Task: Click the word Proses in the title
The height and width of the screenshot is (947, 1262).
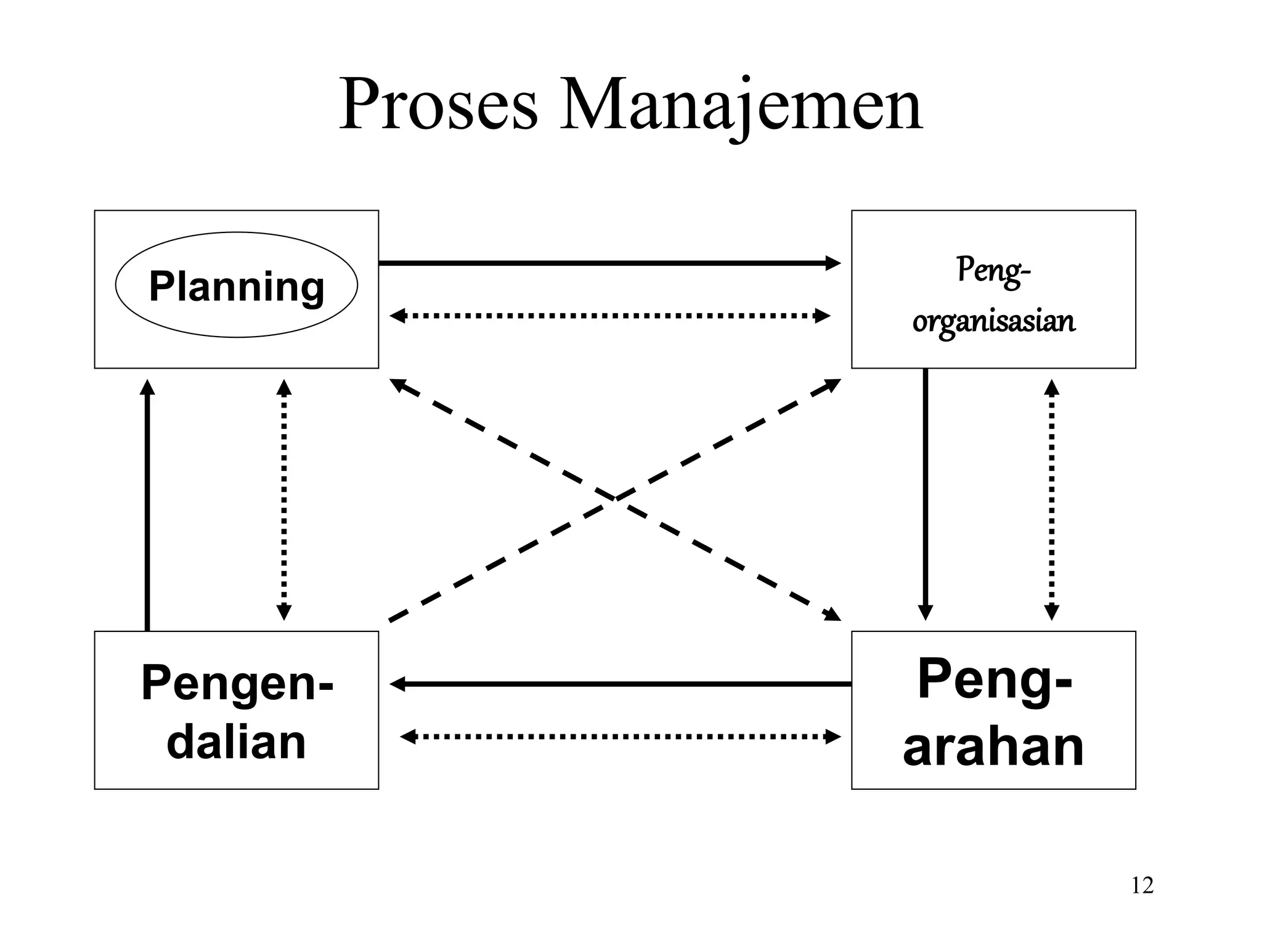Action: (438, 105)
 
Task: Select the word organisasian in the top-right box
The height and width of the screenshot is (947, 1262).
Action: (993, 321)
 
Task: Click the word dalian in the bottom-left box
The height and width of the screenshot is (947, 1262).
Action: (237, 742)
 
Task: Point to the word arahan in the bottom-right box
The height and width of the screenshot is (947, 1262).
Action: (993, 747)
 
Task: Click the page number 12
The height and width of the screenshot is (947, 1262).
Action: (1142, 885)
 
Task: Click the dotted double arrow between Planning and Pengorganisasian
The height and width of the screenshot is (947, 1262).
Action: (610, 316)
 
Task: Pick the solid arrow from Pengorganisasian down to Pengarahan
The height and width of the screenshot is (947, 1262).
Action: (925, 493)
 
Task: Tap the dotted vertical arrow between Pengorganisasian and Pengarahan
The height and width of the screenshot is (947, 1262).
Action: (1052, 499)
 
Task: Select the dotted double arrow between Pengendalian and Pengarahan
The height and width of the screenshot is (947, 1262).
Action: (619, 736)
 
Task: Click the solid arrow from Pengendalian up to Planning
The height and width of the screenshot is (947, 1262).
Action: (147, 506)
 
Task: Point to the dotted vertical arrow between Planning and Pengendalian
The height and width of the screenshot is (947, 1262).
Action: (283, 499)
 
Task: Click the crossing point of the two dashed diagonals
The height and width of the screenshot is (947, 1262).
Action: (615, 498)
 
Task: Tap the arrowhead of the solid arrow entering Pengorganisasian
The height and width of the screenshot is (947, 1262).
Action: (834, 263)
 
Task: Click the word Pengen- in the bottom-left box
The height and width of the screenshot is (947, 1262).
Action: (237, 683)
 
